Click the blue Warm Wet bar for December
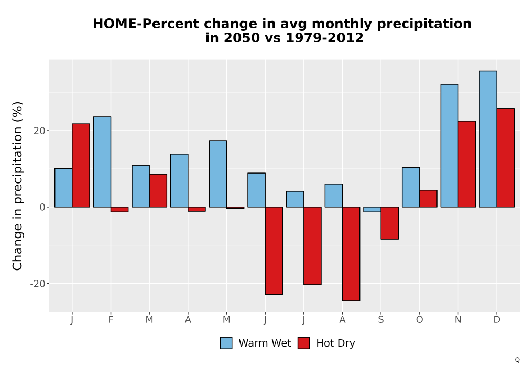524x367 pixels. tap(488, 139)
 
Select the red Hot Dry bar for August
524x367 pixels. tap(351, 254)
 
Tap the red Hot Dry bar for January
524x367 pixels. tap(81, 166)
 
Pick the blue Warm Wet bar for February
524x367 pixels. tap(102, 162)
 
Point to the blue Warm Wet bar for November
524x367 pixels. tap(450, 146)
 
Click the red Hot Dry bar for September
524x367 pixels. tap(390, 223)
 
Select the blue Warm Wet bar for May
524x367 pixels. tap(218, 174)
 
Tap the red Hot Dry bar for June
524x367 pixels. tap(274, 251)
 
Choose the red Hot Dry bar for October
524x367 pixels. tap(428, 199)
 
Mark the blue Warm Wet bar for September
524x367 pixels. tap(372, 209)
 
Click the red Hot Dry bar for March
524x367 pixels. tap(158, 190)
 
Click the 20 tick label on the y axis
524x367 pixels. tap(39, 131)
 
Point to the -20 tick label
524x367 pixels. tap(38, 284)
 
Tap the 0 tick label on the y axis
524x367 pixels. tap(42, 207)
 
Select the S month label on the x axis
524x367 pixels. tap(381, 320)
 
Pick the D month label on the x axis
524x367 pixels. tap(497, 320)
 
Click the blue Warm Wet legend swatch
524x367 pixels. tap(226, 343)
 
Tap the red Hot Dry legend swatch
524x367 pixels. tap(304, 343)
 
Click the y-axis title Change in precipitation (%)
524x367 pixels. tap(17, 186)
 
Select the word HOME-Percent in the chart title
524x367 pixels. tap(147, 24)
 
